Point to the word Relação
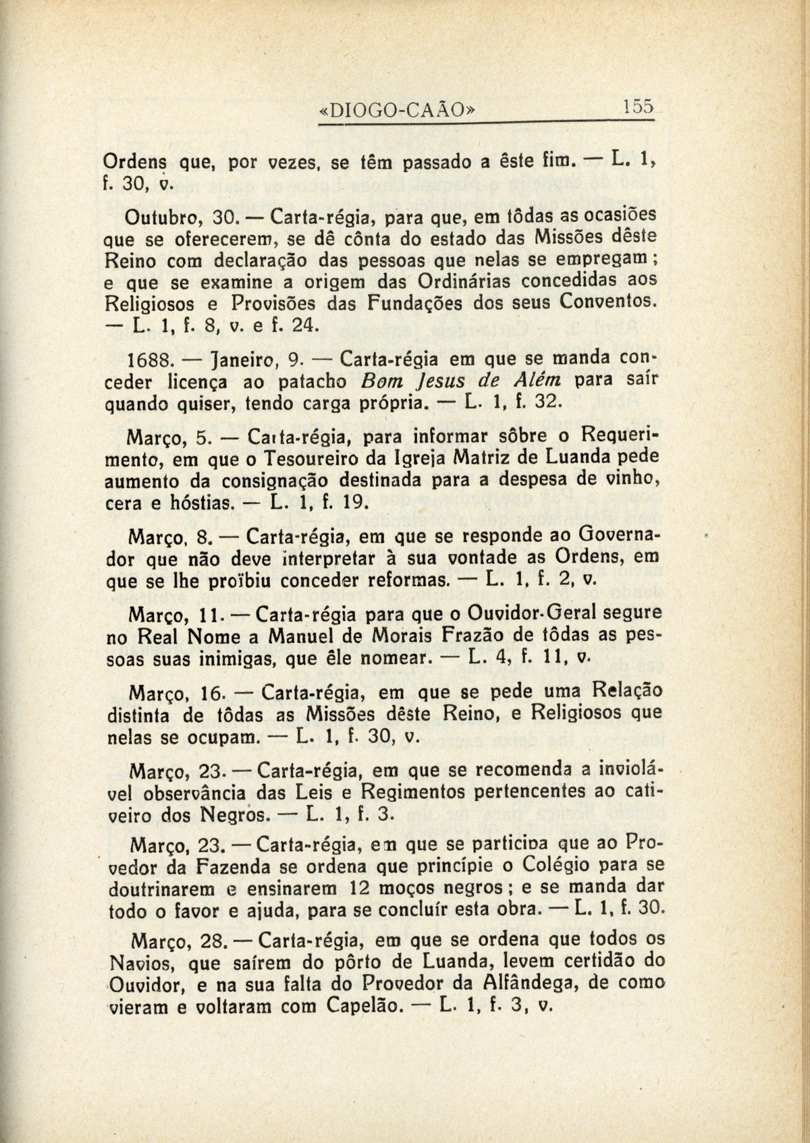point(624,692)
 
